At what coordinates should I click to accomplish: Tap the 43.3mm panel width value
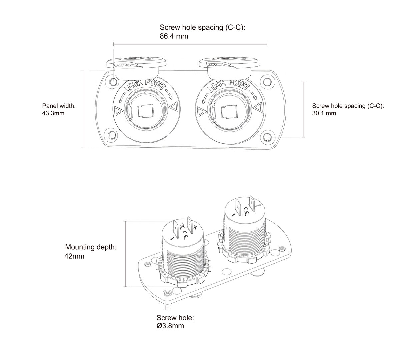pyautogui.click(x=53, y=113)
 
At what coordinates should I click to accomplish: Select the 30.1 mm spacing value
pyautogui.click(x=324, y=113)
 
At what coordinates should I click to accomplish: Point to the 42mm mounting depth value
pyautogui.click(x=74, y=256)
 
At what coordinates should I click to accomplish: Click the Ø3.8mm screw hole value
pyautogui.click(x=170, y=326)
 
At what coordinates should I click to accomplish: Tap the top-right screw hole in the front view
pyautogui.click(x=267, y=82)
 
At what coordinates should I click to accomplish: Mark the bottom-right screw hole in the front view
pyautogui.click(x=267, y=137)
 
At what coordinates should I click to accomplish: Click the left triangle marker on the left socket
pyautogui.click(x=117, y=110)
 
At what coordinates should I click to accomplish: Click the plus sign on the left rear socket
pyautogui.click(x=195, y=227)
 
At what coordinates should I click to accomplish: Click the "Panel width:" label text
pyautogui.click(x=59, y=106)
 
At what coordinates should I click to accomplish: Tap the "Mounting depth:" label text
pyautogui.click(x=91, y=247)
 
